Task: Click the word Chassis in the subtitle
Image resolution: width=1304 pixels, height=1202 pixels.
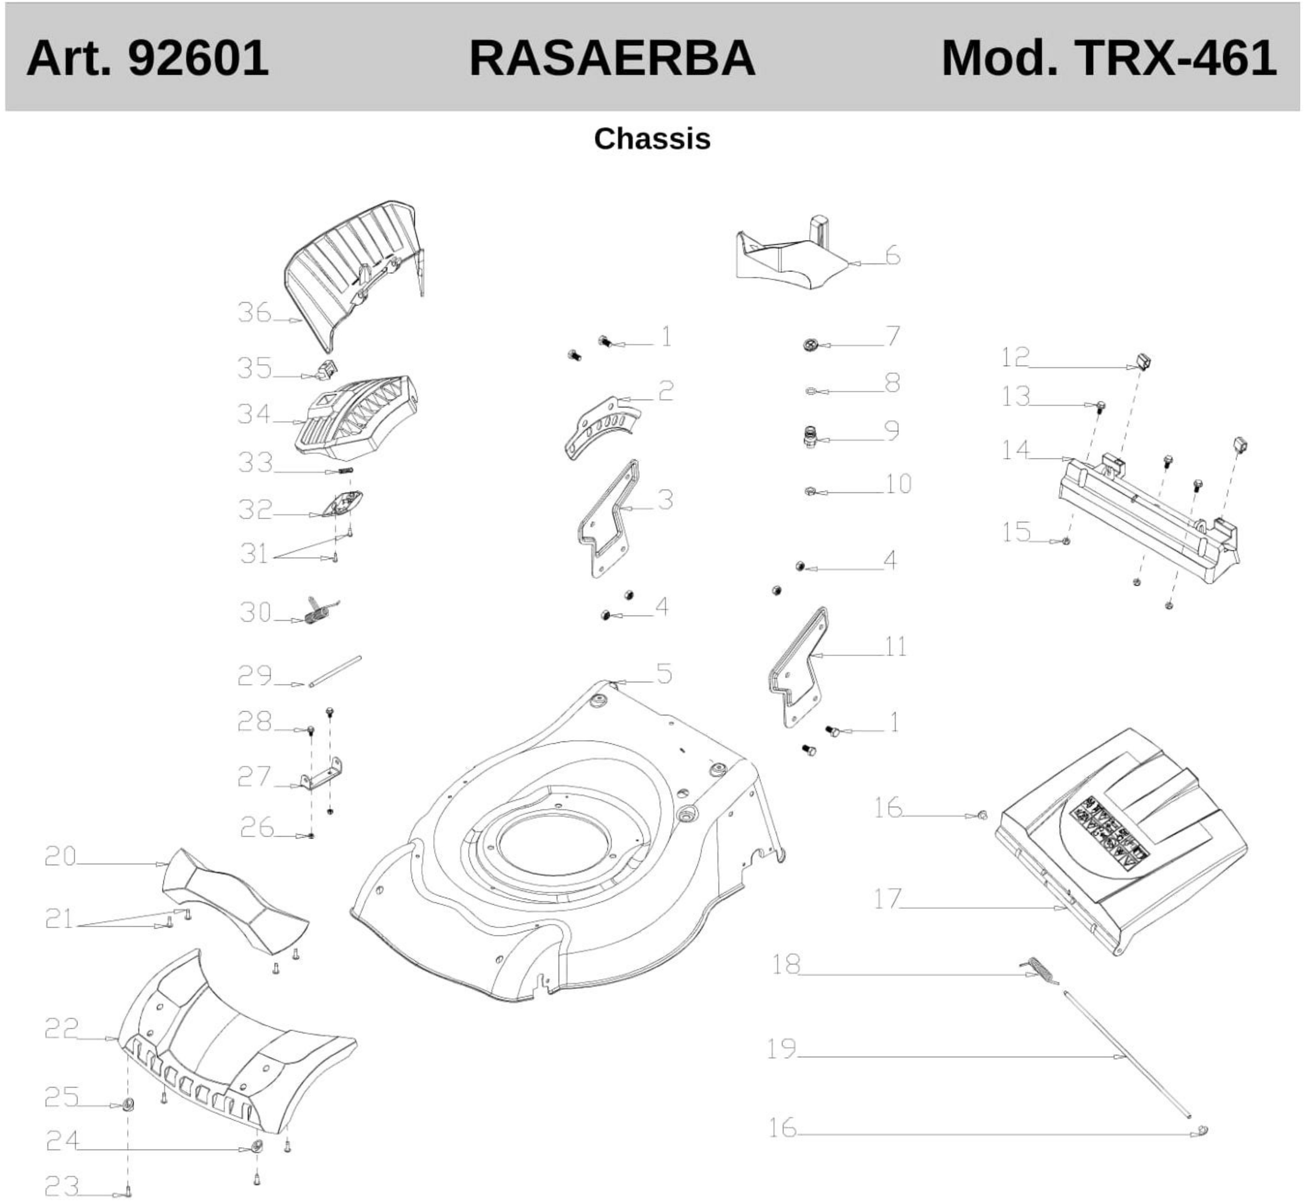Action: click(x=652, y=139)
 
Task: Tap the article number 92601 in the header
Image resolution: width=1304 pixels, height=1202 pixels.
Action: click(x=198, y=58)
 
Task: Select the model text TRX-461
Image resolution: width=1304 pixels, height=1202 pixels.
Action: click(x=1176, y=58)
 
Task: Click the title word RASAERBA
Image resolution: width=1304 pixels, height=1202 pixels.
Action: click(x=611, y=58)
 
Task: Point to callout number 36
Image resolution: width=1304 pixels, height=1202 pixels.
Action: click(x=254, y=313)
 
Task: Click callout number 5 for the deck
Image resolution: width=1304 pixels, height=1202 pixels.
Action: click(x=664, y=674)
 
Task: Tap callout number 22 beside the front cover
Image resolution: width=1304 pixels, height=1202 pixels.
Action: click(x=61, y=1028)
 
